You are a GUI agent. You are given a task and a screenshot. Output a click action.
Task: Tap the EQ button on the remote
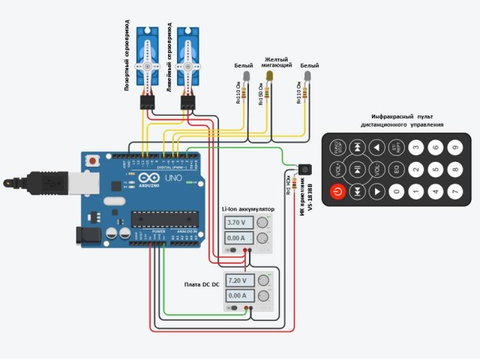397,170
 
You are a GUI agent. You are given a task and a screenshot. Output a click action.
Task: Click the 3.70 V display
240,223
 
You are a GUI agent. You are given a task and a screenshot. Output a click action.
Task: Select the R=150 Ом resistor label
261,94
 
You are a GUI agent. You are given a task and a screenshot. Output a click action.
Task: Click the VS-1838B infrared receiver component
304,171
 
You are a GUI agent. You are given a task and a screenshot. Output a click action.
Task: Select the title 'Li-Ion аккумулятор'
248,209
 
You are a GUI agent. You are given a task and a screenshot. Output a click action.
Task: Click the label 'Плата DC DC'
202,285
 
